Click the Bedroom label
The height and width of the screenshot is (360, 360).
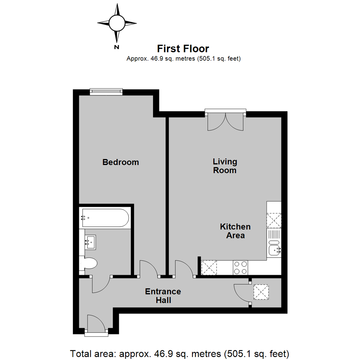121,162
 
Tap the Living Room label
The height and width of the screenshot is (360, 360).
225,166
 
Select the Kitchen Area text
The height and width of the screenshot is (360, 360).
235,231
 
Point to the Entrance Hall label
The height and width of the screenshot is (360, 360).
163,296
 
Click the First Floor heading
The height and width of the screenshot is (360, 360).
183,49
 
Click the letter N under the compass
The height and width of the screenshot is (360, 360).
117,47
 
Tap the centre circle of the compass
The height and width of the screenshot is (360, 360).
117,23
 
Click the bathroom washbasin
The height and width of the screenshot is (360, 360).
90,242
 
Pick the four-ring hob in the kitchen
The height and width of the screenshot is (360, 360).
240,267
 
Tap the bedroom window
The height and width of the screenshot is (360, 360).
106,92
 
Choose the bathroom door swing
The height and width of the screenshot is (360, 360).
101,284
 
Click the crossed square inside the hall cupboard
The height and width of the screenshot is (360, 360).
261,292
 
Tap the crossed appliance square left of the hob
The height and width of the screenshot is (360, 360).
209,267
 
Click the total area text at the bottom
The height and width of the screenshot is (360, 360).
180,354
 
